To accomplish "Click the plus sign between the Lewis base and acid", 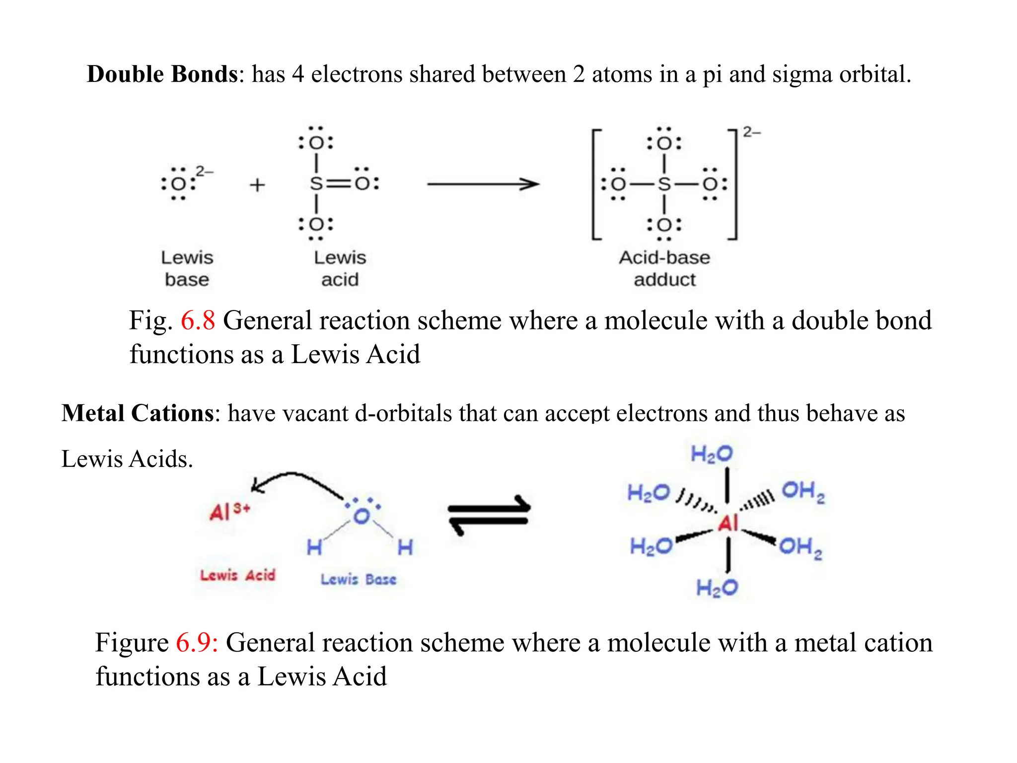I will tap(257, 185).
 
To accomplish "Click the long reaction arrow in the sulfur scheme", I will tap(483, 184).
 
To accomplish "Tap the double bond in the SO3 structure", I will tap(339, 184).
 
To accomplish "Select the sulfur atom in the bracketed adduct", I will tap(664, 184).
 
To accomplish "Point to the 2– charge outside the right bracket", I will tap(751, 132).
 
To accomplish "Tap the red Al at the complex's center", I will tap(728, 523).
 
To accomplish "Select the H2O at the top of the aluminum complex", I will tap(712, 454).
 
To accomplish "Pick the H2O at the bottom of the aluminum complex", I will tap(717, 588).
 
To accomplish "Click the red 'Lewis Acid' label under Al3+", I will tap(237, 575).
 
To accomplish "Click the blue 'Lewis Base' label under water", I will tap(358, 579).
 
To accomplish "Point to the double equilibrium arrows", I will tap(489, 515).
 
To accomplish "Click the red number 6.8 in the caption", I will tap(198, 320).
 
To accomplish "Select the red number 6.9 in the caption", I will tap(197, 642).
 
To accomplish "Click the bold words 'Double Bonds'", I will tap(162, 74).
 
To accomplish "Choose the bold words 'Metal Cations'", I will tap(138, 413).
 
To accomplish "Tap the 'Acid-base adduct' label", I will tap(664, 268).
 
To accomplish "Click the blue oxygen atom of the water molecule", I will tap(362, 516).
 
